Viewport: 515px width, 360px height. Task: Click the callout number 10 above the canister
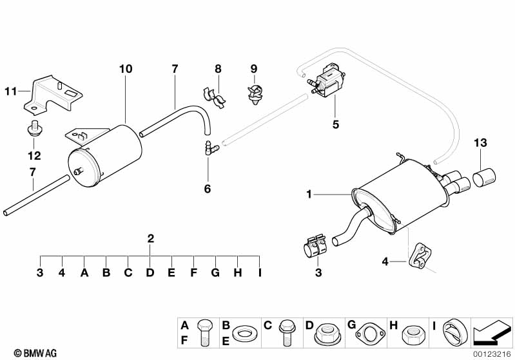coord(126,69)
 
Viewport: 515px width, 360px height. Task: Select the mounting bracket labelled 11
coord(53,95)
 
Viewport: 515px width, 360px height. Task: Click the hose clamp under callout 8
coord(213,97)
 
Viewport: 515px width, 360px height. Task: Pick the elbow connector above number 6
coord(211,147)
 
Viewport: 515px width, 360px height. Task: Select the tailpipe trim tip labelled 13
coord(484,176)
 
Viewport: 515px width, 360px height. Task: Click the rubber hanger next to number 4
coord(420,254)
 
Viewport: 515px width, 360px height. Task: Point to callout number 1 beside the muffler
coord(309,194)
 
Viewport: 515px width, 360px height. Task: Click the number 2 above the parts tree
coord(150,238)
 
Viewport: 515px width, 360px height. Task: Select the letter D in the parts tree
coord(150,272)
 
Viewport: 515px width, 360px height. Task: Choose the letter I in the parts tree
coord(260,272)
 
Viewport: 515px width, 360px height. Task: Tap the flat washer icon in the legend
coord(244,334)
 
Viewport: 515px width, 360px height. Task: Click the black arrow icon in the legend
coord(492,332)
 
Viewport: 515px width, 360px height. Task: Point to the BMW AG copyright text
coord(35,353)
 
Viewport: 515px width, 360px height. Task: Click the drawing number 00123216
coord(492,354)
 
